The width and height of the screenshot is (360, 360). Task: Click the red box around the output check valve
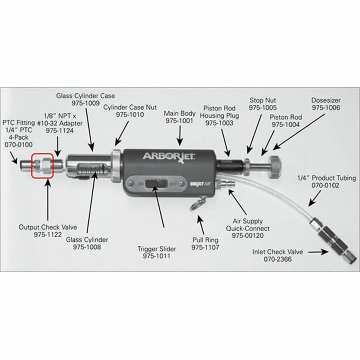click(42, 164)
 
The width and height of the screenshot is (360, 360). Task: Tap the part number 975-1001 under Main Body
click(180, 120)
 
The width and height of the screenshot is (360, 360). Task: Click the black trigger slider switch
click(156, 184)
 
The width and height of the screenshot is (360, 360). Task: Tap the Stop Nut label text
click(263, 100)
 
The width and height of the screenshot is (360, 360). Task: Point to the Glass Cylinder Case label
click(85, 96)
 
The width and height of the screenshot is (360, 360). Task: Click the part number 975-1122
click(48, 235)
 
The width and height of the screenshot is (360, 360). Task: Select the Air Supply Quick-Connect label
click(251, 224)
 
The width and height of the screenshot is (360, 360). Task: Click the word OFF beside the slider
click(173, 184)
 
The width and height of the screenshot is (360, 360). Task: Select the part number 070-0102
click(326, 185)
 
